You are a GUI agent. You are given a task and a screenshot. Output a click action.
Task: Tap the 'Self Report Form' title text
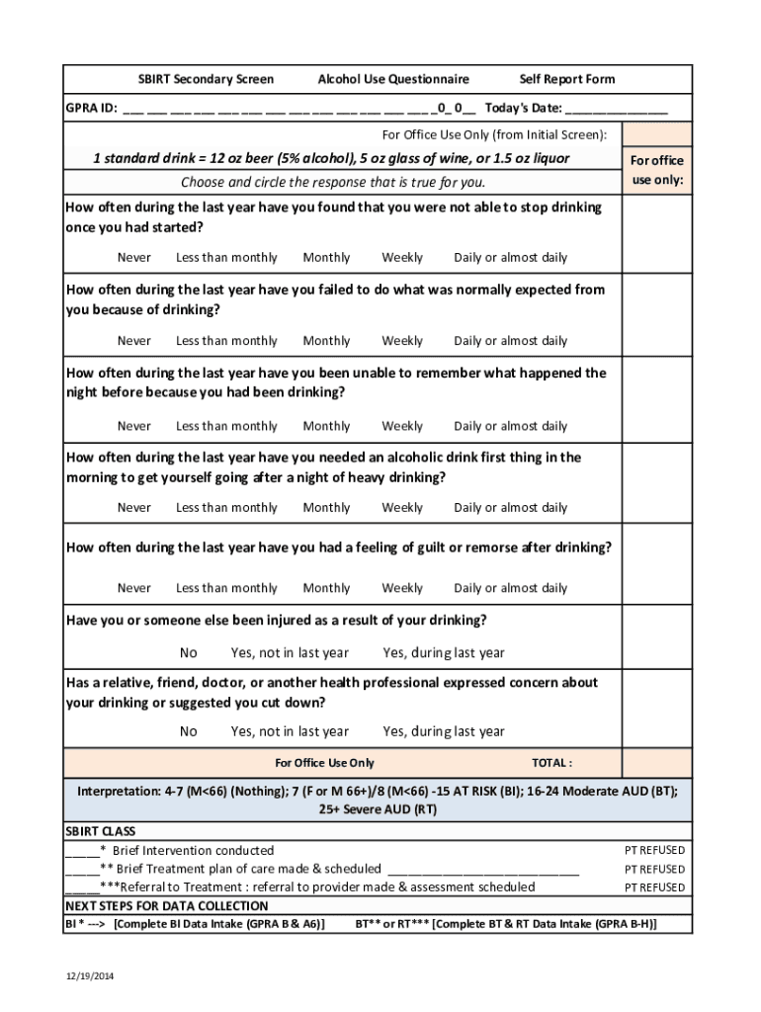click(566, 79)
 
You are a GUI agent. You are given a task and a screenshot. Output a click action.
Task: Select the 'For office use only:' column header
click(656, 170)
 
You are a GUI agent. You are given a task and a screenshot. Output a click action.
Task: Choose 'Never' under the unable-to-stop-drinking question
click(134, 258)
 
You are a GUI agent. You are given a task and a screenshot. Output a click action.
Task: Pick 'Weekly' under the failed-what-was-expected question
click(402, 341)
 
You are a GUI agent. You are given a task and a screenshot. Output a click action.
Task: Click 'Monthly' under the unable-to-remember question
click(326, 427)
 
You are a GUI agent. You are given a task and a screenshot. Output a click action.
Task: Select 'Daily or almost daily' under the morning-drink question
click(510, 508)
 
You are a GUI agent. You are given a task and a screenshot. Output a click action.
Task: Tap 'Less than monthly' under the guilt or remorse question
click(226, 588)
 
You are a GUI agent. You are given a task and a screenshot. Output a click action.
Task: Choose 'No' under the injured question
click(189, 653)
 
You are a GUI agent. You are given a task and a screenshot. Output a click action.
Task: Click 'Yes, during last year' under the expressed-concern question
click(444, 732)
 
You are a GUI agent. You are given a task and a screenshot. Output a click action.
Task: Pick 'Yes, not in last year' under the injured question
click(290, 653)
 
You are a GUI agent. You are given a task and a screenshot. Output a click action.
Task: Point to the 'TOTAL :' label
click(551, 763)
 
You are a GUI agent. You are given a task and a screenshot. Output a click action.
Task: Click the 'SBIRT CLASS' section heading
click(101, 832)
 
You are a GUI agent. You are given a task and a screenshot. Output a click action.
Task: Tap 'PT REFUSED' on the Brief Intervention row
click(654, 851)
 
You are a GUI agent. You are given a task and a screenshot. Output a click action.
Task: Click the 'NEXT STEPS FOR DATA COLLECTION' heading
click(166, 906)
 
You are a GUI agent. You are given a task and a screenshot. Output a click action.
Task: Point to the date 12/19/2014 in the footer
click(84, 976)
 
